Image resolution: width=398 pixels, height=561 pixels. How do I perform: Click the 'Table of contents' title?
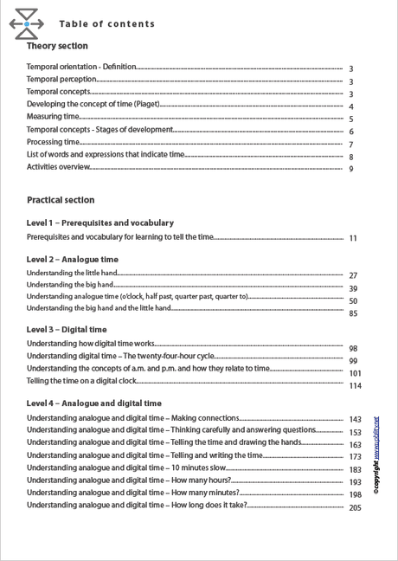pos(107,24)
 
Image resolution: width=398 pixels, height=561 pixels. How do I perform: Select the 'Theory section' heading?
pos(57,46)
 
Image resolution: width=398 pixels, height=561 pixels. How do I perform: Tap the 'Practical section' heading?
pos(61,200)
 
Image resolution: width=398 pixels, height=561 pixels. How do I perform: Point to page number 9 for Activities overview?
pos(351,169)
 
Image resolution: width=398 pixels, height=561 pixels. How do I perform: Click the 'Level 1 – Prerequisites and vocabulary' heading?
pos(99,222)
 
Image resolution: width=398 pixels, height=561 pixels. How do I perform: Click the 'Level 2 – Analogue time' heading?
pos(73,259)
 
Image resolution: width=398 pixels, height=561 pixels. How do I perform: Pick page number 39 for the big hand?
pos(353,288)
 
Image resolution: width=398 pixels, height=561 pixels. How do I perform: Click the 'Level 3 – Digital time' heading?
pos(67,329)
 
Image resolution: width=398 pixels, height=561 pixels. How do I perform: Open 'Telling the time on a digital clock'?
pos(81,380)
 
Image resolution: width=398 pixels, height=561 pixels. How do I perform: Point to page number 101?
pos(355,373)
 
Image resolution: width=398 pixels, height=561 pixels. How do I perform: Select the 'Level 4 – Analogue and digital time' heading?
pos(94,403)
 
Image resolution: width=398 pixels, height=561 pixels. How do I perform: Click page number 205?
pos(355,508)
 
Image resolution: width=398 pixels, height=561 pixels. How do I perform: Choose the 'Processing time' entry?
pos(53,142)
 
